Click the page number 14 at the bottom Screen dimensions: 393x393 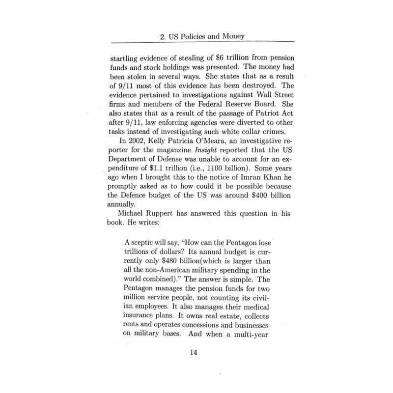point(196,352)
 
